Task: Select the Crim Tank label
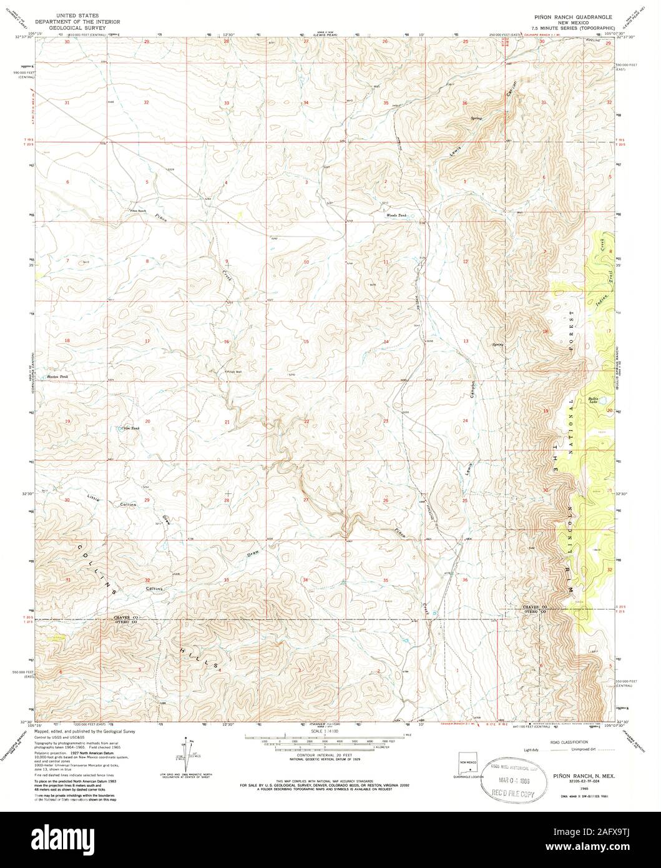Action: click(130, 428)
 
